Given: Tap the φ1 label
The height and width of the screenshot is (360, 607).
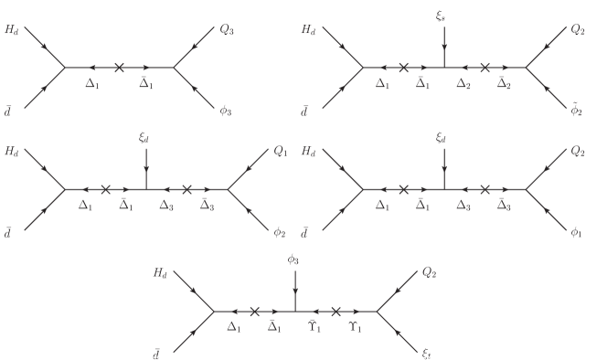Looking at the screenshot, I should [576, 231].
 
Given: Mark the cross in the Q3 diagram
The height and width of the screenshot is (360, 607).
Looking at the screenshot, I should [120, 67].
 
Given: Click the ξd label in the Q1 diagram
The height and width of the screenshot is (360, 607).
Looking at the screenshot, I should [146, 138].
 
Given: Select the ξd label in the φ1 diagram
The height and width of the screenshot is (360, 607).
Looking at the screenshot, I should [445, 138].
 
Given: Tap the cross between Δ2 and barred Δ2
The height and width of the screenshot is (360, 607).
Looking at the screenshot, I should [485, 67].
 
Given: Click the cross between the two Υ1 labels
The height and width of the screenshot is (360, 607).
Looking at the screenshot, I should [336, 312].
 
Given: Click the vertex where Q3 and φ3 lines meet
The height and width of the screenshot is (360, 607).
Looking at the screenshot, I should [175, 67].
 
